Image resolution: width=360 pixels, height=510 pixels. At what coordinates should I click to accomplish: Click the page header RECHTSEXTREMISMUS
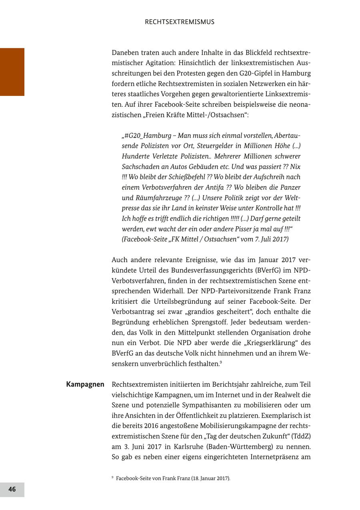point(180,22)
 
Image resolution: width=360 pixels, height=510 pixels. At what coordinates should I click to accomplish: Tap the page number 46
point(12,489)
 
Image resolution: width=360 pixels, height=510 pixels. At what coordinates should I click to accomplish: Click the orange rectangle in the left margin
point(12,72)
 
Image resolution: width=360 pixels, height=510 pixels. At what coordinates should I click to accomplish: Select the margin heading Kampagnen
point(85,384)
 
